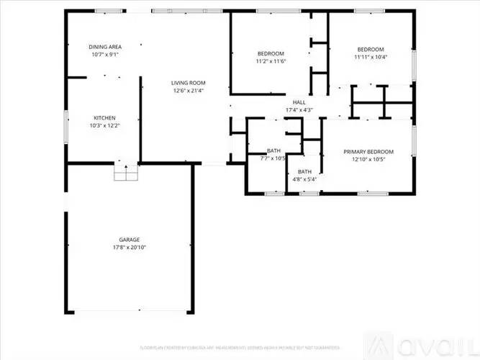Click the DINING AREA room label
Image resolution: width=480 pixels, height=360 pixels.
tap(105, 46)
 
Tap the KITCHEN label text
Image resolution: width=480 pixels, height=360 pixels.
tap(104, 118)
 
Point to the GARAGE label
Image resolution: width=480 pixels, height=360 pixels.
tap(130, 240)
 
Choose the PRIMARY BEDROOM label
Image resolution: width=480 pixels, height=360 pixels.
tap(368, 151)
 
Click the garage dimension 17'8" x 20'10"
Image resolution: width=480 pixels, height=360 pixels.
tap(130, 248)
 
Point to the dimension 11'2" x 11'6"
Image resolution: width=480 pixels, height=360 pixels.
tap(271, 62)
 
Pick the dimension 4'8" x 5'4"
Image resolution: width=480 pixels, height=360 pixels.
tap(305, 179)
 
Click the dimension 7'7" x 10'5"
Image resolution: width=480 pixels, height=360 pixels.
tap(274, 158)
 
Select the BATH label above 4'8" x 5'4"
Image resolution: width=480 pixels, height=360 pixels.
tap(305, 171)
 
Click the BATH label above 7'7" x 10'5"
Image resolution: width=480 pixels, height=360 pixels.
tap(274, 150)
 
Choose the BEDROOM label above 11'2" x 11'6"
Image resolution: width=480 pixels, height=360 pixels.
tap(271, 54)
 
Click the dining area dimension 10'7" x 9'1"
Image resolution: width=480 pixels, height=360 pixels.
tap(105, 55)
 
